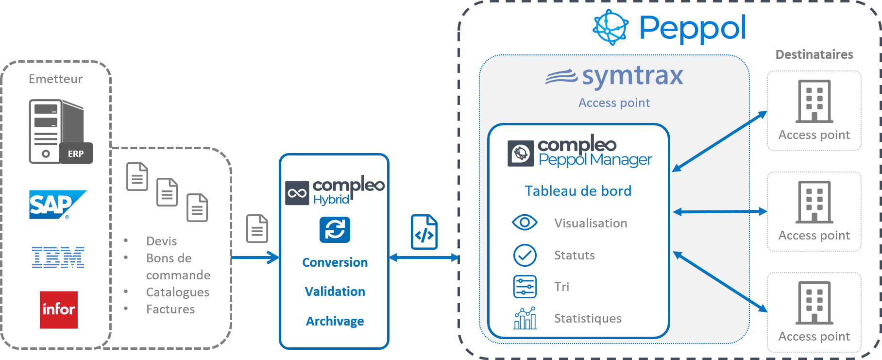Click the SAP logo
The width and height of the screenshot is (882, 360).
point(57,205)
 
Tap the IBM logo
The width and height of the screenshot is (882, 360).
point(58,257)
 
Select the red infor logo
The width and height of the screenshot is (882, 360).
point(59,309)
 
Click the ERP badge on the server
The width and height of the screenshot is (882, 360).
point(76,154)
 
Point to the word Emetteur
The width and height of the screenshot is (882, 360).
point(55,79)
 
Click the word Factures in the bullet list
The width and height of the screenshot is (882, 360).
point(170,309)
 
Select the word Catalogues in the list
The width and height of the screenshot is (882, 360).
point(178,292)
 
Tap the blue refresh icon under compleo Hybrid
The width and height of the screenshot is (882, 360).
point(335,229)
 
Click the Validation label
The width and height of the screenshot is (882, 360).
point(335,291)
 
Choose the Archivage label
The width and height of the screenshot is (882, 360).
point(335,321)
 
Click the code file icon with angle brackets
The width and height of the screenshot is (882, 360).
point(424,232)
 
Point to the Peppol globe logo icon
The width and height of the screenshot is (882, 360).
point(611,28)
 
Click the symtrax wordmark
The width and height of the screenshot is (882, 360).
point(632,76)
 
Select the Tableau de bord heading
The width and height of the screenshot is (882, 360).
point(578,191)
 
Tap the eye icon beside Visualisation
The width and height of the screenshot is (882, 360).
point(525,223)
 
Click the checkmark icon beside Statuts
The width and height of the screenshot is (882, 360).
point(525,255)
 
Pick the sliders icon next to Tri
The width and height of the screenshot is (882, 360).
point(525,287)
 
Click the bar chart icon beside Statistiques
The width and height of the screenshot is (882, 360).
point(525,318)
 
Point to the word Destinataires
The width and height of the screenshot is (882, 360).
point(814,54)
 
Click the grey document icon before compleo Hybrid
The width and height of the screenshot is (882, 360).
point(257,228)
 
